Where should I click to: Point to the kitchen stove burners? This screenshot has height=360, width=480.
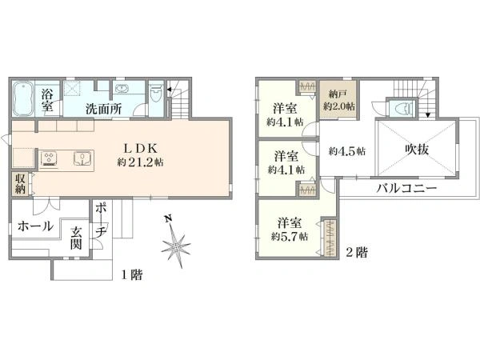[50, 157]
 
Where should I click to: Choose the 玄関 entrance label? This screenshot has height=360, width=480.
[75, 238]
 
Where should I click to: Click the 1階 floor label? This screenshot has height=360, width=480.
[132, 274]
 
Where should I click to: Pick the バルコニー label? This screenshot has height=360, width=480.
[407, 190]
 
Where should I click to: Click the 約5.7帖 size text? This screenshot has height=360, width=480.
[286, 236]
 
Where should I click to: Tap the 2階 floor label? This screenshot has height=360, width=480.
[357, 250]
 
